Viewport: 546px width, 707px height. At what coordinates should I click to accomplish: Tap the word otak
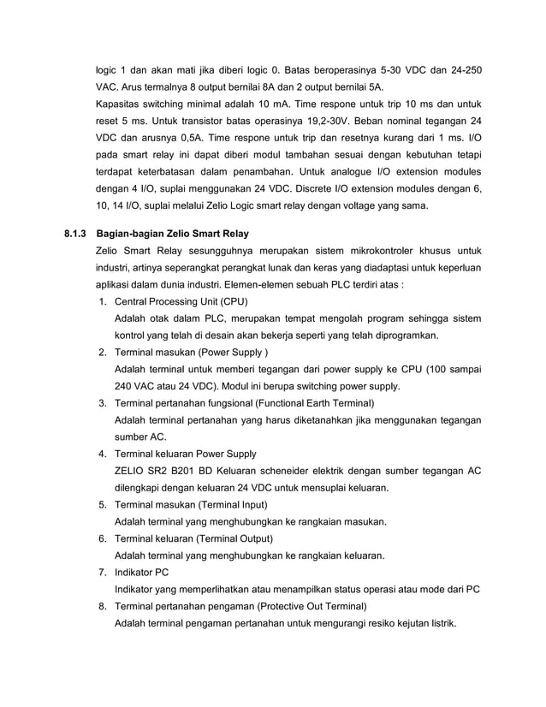coord(165,319)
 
